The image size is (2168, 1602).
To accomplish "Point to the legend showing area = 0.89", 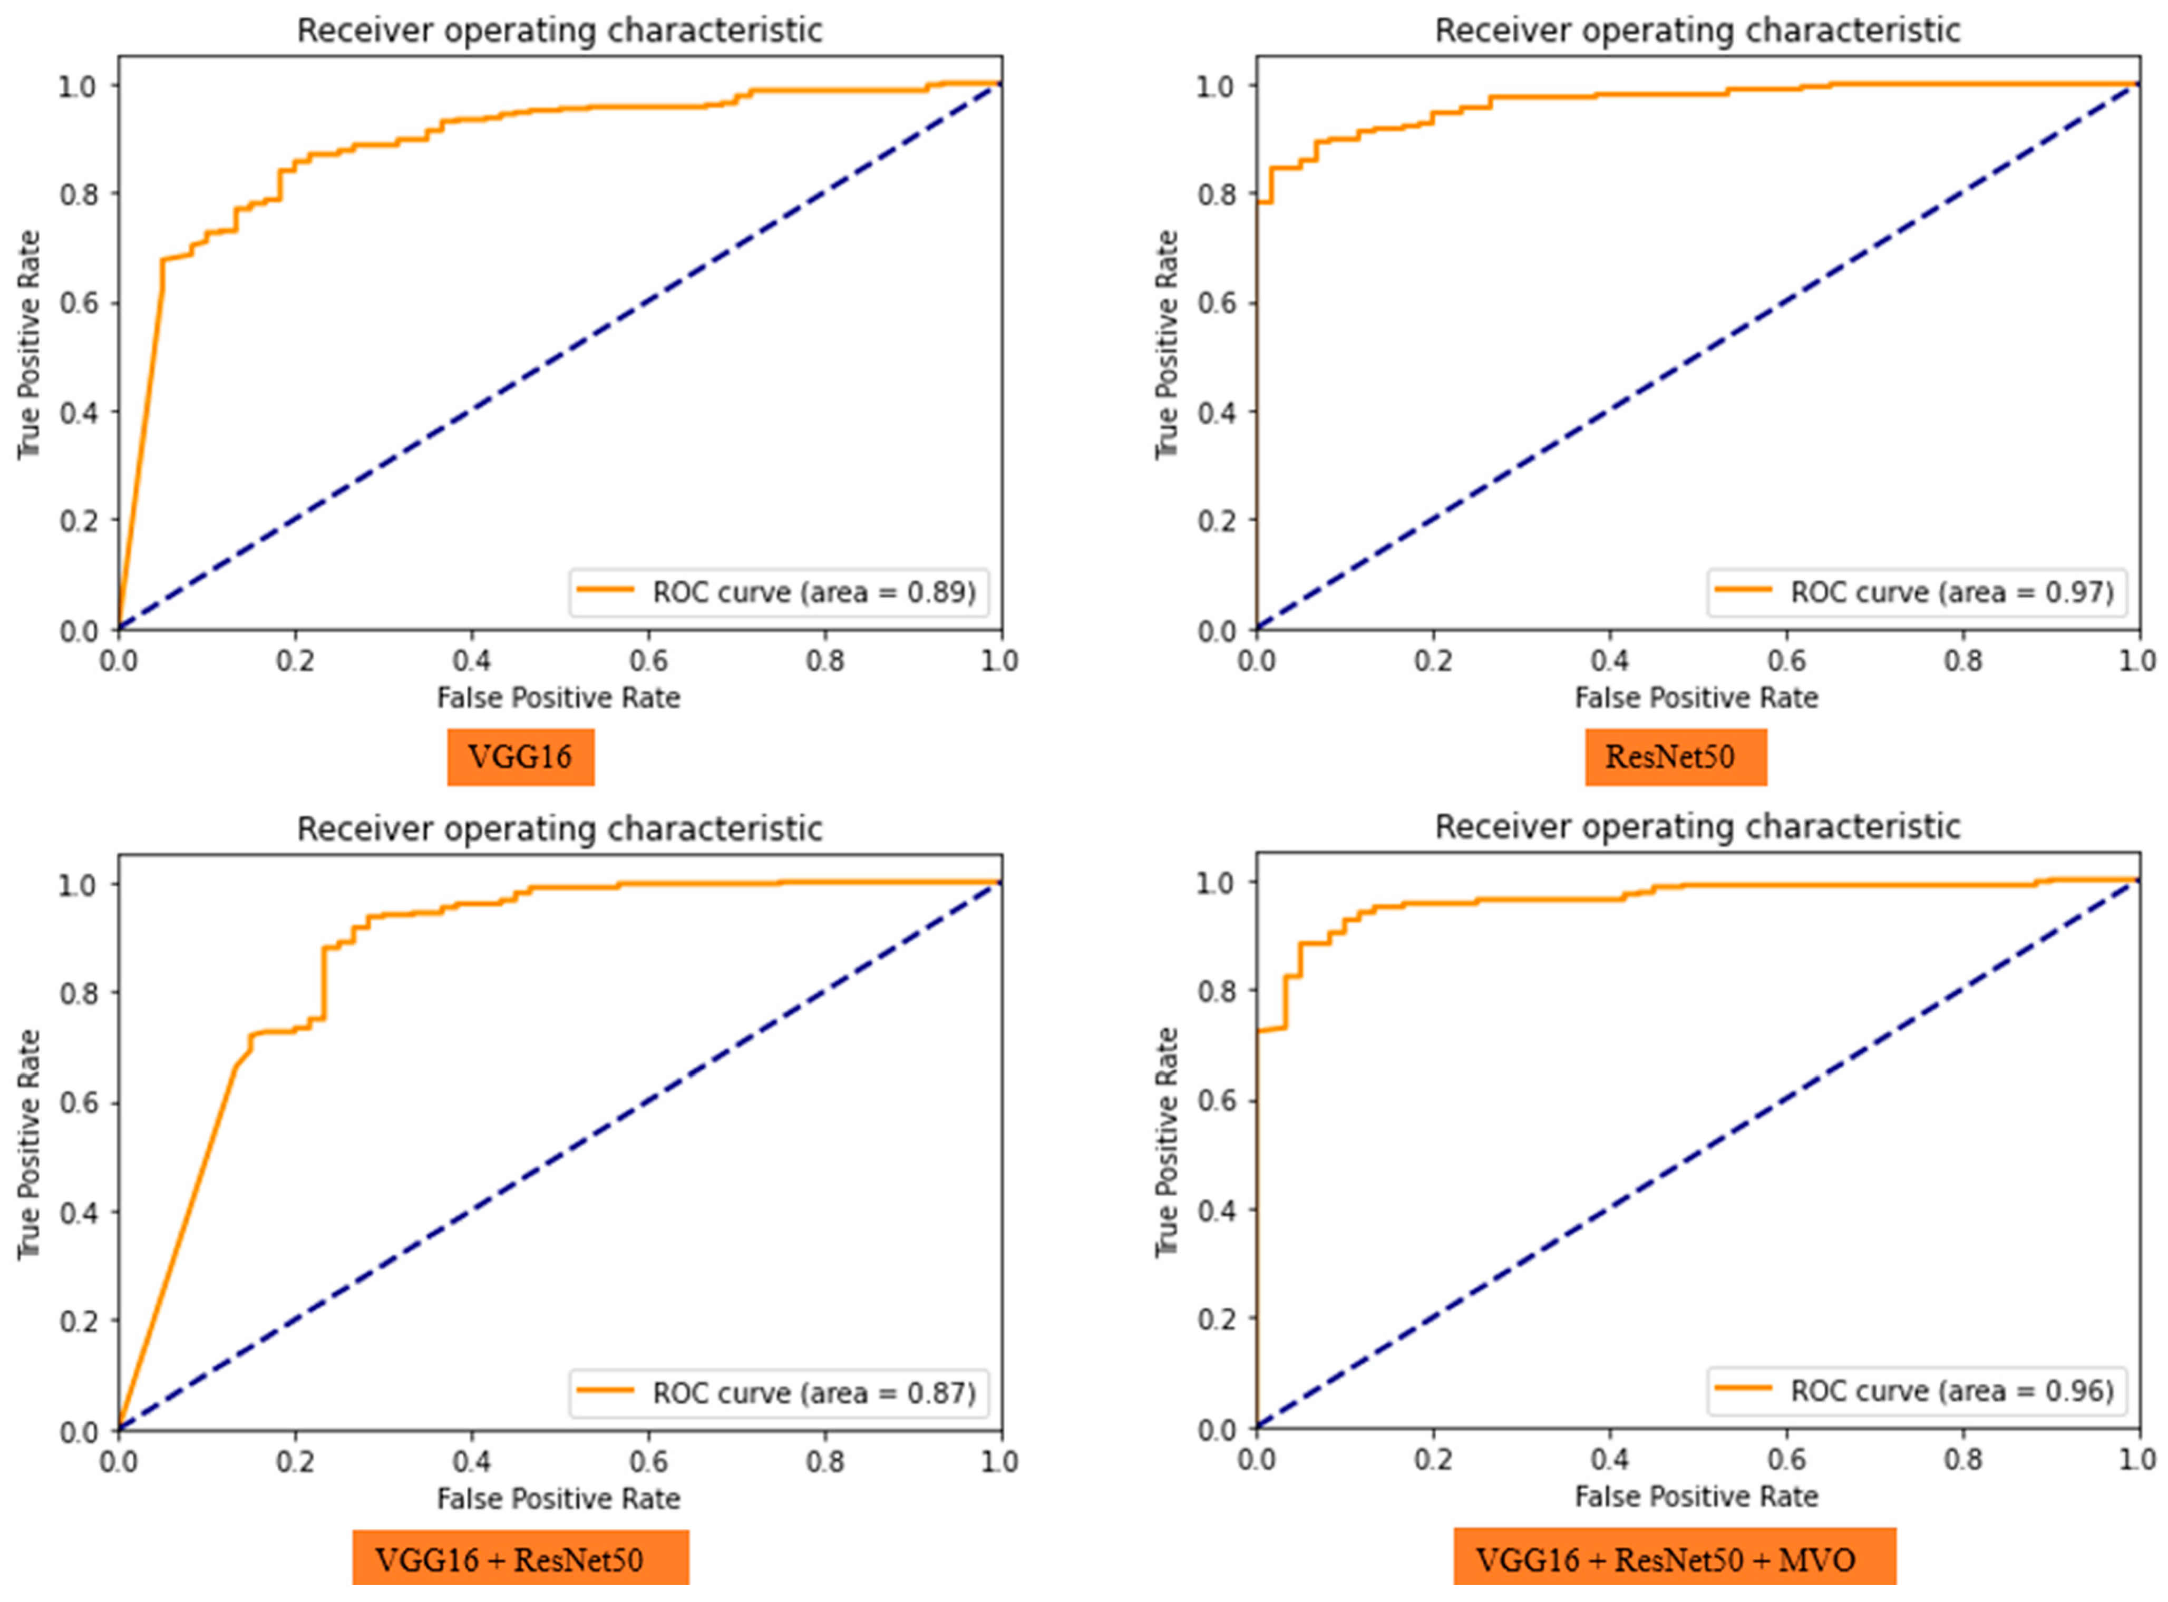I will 779,592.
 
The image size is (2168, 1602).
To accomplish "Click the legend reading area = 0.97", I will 1917,592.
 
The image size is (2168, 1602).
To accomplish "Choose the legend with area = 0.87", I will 779,1393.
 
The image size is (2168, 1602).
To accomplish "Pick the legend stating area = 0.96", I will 1917,1391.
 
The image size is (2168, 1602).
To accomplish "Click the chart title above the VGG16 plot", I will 560,30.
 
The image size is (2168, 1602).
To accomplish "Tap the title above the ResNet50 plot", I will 1697,30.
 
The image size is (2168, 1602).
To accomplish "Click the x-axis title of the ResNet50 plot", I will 1696,697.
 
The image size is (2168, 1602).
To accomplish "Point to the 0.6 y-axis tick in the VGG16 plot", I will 77,302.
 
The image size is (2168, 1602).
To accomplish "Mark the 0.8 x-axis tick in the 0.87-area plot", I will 825,1461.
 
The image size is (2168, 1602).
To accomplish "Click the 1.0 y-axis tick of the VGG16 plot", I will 77,86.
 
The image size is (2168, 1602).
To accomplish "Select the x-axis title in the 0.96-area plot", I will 1696,1496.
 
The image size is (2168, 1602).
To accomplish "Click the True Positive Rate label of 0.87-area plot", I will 29,1144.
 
